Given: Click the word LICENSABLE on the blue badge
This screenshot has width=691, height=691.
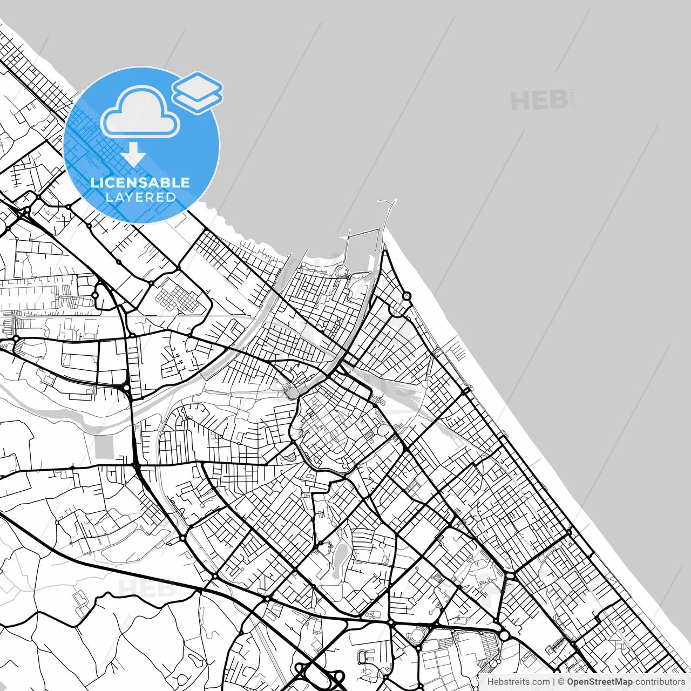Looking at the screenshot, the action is pyautogui.click(x=140, y=182).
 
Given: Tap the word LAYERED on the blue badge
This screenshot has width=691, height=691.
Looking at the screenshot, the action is pyautogui.click(x=140, y=197).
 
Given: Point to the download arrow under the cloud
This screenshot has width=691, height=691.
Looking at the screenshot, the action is pyautogui.click(x=133, y=155).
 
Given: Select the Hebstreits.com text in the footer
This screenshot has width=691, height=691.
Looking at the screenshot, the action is pyautogui.click(x=518, y=682).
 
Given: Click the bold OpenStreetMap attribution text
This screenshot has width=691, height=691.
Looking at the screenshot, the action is pyautogui.click(x=599, y=682).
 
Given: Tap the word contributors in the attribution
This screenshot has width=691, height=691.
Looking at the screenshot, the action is pyautogui.click(x=660, y=682).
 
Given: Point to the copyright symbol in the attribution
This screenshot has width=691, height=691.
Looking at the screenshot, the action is pyautogui.click(x=561, y=682).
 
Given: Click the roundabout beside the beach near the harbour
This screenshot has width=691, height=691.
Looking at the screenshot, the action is pyautogui.click(x=407, y=296).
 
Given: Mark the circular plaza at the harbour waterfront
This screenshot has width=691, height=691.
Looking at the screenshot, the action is pyautogui.click(x=342, y=272).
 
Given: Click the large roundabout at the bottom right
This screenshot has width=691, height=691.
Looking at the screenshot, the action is pyautogui.click(x=504, y=635).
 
